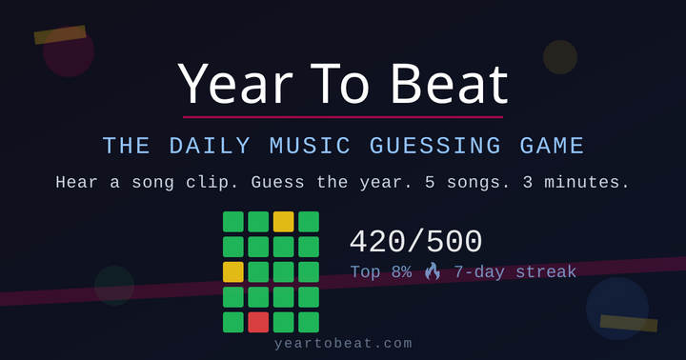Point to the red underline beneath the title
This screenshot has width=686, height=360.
(343, 117)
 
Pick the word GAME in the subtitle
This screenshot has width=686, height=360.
(552, 147)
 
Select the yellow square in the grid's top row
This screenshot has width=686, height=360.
(283, 222)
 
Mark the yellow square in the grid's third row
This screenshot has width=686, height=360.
(233, 271)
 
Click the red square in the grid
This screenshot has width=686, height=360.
(258, 322)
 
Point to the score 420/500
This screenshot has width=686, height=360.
(415, 242)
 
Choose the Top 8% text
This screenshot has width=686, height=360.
(380, 272)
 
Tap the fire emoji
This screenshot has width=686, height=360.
(433, 272)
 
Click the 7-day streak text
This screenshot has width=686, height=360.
(514, 272)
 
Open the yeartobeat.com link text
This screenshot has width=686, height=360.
(343, 343)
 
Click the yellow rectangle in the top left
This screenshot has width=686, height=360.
(60, 35)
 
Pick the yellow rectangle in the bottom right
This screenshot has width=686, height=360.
(629, 324)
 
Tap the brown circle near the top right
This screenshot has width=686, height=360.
(560, 57)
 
